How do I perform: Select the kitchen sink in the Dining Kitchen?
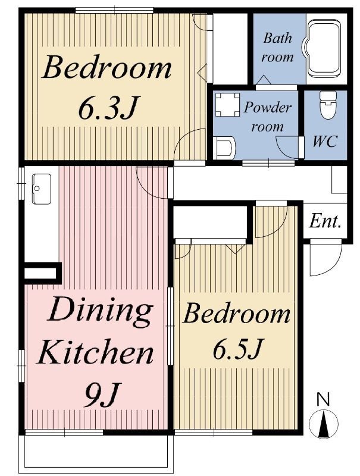click(x=41, y=189)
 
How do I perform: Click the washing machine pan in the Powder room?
click(x=227, y=105)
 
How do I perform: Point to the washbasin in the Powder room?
click(x=224, y=148)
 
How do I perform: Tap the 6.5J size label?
click(x=237, y=348)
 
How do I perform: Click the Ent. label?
click(x=325, y=221)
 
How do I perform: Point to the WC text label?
click(x=325, y=141)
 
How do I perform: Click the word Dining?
click(x=100, y=311)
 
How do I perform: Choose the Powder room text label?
click(x=267, y=117)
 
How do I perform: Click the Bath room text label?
click(x=278, y=48)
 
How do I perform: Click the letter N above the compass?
click(x=324, y=399)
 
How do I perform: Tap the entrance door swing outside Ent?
click(x=325, y=258)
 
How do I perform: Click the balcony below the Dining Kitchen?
click(x=96, y=452)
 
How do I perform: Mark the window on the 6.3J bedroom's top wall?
click(x=114, y=10)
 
